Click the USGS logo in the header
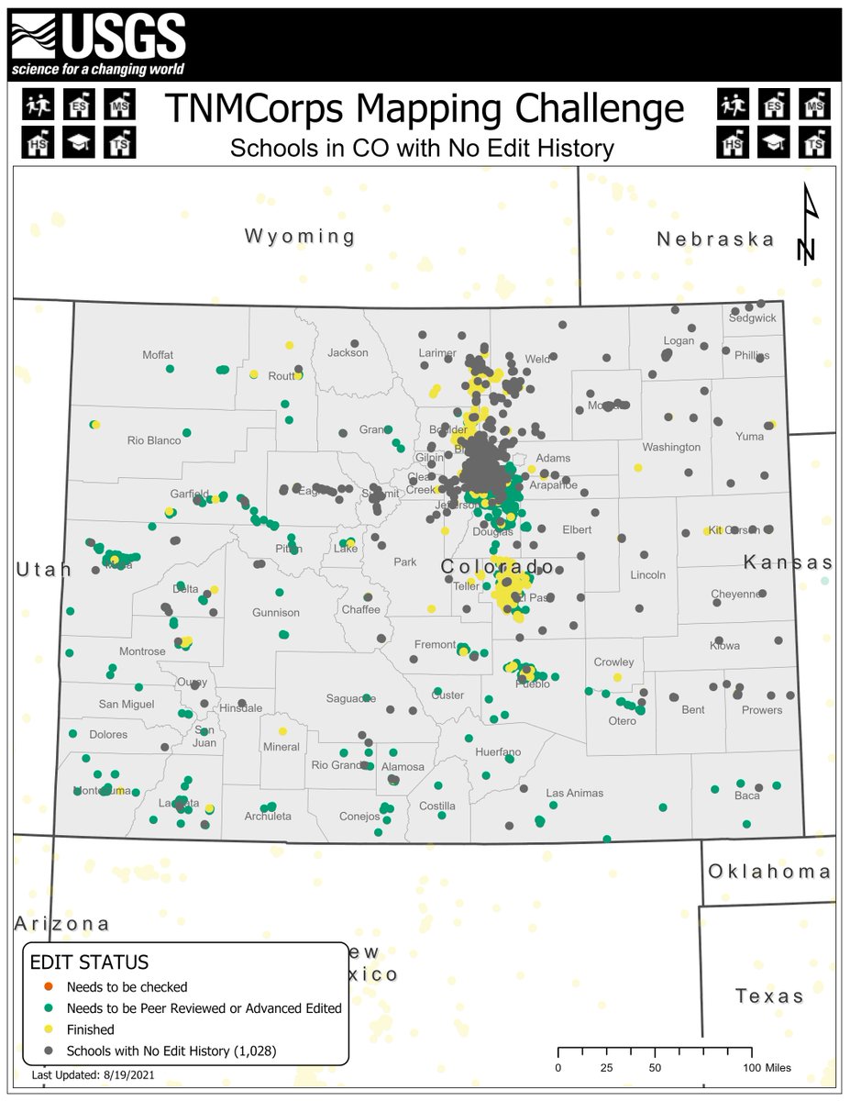pyautogui.click(x=98, y=45)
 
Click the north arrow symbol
pyautogui.click(x=807, y=225)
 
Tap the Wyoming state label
pyautogui.click(x=300, y=237)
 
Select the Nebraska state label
pyautogui.click(x=715, y=239)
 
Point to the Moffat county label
pyautogui.click(x=158, y=355)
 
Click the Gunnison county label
pyautogui.click(x=276, y=612)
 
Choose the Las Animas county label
pyautogui.click(x=574, y=793)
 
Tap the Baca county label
pyautogui.click(x=747, y=795)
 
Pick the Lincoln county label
pyautogui.click(x=648, y=575)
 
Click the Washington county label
pyautogui.click(x=671, y=447)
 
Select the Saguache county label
pyautogui.click(x=351, y=699)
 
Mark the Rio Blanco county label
pyautogui.click(x=154, y=440)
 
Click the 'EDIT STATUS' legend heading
pyautogui.click(x=90, y=963)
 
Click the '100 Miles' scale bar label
pyautogui.click(x=767, y=1068)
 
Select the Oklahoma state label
pyautogui.click(x=770, y=872)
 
